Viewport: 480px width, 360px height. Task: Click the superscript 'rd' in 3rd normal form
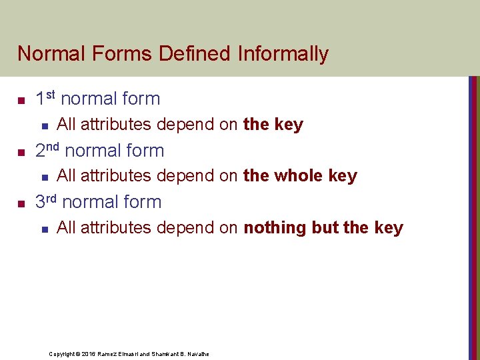52,198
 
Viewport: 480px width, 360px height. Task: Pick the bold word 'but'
325,228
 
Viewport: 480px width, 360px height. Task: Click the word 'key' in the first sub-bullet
288,125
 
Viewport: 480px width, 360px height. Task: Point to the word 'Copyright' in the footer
62,354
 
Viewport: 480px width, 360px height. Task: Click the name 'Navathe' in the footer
198,354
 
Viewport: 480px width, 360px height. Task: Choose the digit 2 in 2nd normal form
40,151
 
